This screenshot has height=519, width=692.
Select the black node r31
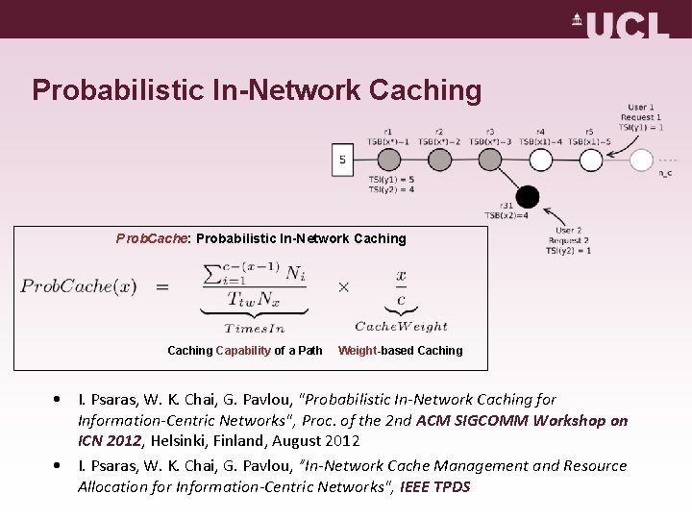(x=527, y=197)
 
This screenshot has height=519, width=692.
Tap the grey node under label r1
(x=387, y=160)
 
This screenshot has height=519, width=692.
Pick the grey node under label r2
(x=438, y=160)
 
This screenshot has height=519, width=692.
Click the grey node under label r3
(x=490, y=160)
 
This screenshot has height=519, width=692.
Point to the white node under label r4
(x=540, y=160)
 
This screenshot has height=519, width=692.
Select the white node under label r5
(x=590, y=160)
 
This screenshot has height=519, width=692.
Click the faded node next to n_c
(x=641, y=160)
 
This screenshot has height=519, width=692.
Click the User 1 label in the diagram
(x=641, y=107)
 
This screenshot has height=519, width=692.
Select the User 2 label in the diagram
(x=569, y=231)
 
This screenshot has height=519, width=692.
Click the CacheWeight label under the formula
(x=401, y=327)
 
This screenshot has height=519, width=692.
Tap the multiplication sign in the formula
(x=343, y=286)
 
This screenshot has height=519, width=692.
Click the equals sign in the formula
(x=161, y=286)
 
